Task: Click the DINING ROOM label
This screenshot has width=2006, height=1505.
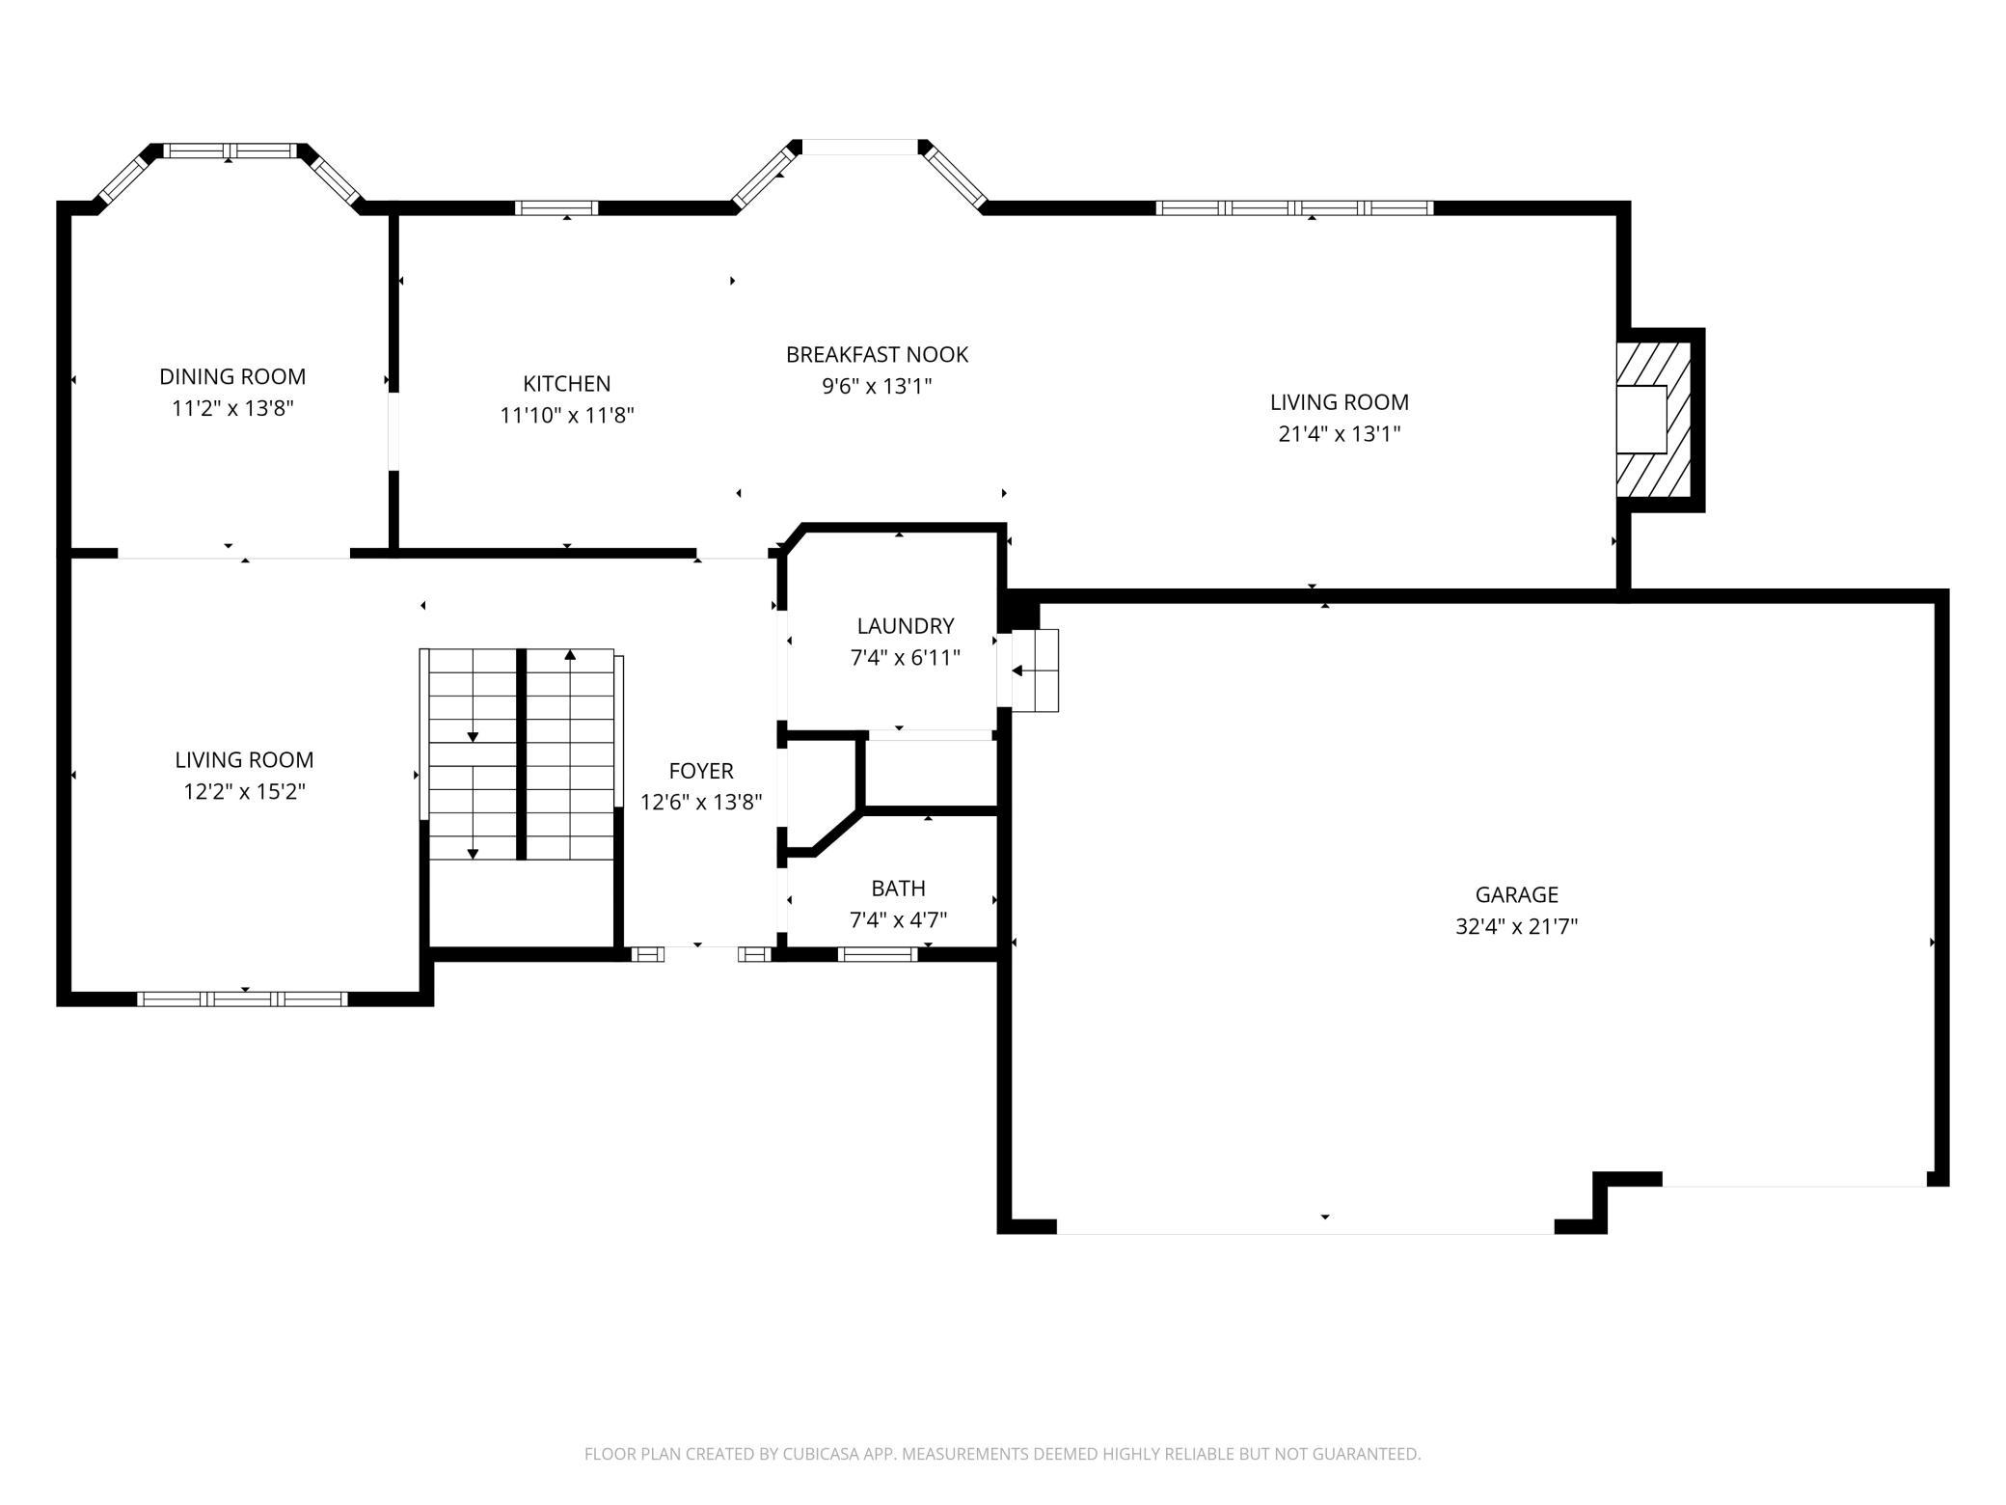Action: [232, 376]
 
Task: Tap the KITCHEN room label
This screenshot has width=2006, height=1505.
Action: [567, 383]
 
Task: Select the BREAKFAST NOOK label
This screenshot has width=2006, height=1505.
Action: [877, 354]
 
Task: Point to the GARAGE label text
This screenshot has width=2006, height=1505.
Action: [1517, 894]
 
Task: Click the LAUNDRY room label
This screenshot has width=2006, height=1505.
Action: [906, 625]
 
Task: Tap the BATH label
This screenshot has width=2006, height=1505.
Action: [898, 888]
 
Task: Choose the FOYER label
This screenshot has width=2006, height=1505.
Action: [701, 770]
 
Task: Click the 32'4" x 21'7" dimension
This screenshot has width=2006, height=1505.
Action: [1517, 926]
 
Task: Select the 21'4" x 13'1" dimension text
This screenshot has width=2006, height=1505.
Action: [1340, 433]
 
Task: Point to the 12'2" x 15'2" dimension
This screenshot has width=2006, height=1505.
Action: [245, 791]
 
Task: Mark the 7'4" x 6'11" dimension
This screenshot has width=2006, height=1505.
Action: [906, 657]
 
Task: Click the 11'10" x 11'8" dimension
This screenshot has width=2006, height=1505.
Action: [567, 415]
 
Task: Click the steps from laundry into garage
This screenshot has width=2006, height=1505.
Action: [1035, 670]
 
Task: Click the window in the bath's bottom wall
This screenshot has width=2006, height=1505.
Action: [878, 954]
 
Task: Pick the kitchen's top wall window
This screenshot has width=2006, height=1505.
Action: [556, 207]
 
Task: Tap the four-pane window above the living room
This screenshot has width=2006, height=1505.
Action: [1295, 207]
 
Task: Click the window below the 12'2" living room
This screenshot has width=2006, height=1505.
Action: [242, 999]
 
